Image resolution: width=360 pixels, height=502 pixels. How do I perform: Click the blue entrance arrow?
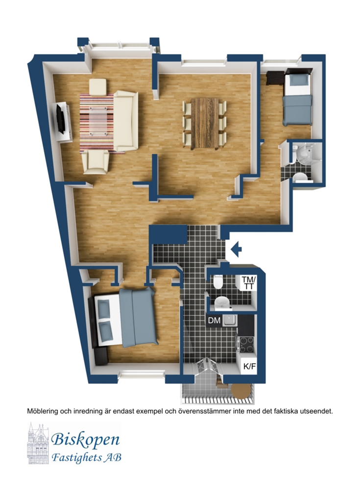pyautogui.click(x=236, y=249)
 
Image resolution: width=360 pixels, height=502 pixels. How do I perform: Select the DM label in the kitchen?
pyautogui.click(x=214, y=320)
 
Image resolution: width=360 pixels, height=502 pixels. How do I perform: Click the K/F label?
pyautogui.click(x=250, y=366)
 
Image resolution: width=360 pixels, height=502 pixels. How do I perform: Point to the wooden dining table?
pyautogui.click(x=205, y=123)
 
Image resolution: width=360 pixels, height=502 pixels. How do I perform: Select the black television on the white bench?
pyautogui.click(x=60, y=119)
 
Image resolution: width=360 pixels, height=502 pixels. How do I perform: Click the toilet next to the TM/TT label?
pyautogui.click(x=218, y=282)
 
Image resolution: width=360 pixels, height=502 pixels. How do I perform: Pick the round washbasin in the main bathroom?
pyautogui.click(x=221, y=302)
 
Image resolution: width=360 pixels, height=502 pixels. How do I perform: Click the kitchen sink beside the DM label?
pyautogui.click(x=229, y=320)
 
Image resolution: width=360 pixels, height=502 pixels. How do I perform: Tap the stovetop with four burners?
pyautogui.click(x=246, y=345)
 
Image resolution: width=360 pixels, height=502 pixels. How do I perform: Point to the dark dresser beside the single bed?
pyautogui.click(x=274, y=78)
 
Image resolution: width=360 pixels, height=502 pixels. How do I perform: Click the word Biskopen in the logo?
pyautogui.click(x=85, y=440)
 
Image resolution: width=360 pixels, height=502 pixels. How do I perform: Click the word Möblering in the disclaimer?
pyautogui.click(x=42, y=411)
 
